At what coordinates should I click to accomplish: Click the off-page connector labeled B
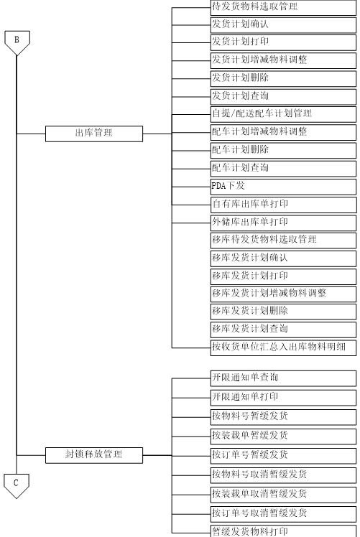[x=17, y=42]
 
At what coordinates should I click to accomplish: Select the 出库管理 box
[x=94, y=134]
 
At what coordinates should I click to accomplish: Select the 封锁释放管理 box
[x=94, y=455]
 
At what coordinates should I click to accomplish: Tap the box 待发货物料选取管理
[x=283, y=7]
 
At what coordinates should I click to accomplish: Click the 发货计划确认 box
[x=283, y=25]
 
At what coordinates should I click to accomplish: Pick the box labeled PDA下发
[x=283, y=187]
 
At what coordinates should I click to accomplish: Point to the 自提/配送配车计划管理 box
[x=283, y=114]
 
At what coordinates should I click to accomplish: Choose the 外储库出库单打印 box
[x=283, y=223]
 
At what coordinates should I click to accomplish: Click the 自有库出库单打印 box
[x=284, y=205]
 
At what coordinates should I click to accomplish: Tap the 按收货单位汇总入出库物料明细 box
[x=283, y=347]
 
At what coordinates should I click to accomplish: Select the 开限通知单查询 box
[x=283, y=378]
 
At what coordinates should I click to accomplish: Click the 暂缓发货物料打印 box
[x=283, y=531]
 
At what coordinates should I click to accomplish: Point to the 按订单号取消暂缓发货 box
[x=283, y=514]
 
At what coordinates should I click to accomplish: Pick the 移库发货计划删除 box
[x=283, y=312]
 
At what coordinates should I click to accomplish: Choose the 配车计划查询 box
[x=283, y=169]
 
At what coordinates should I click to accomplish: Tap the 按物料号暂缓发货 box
[x=283, y=417]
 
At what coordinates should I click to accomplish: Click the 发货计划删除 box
[x=283, y=78]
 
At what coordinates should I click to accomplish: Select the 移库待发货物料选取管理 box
[x=283, y=241]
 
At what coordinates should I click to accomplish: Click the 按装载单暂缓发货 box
[x=283, y=436]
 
